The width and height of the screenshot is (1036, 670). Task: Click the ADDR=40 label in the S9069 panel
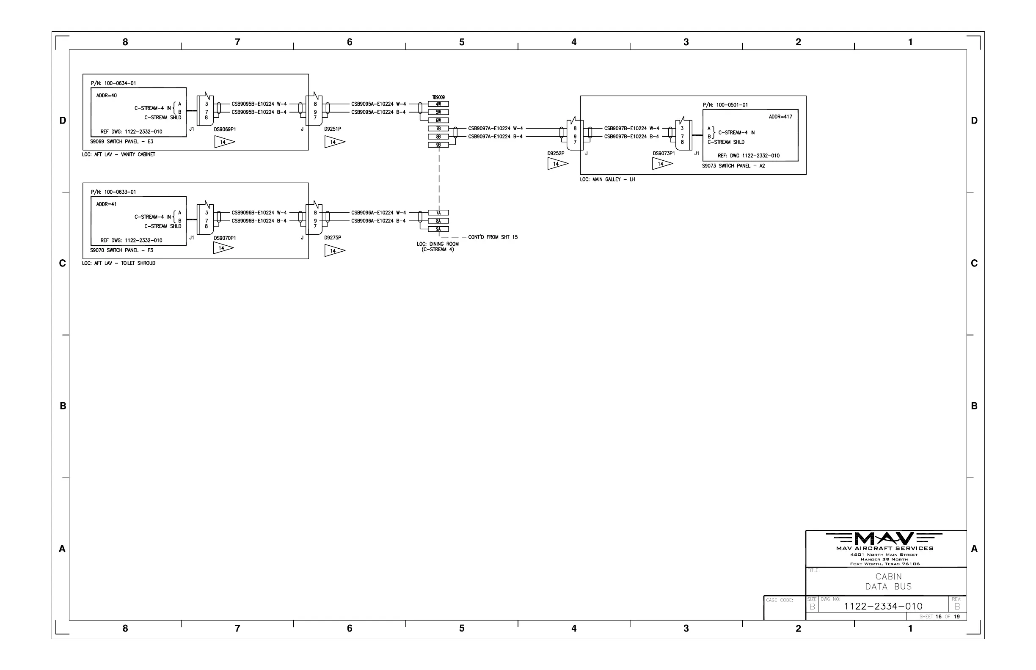106,96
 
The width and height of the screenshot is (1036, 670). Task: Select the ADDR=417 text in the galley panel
780,117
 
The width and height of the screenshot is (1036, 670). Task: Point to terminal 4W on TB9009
438,104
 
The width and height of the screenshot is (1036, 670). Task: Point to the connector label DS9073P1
664,154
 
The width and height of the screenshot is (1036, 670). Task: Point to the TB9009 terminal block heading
438,97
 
